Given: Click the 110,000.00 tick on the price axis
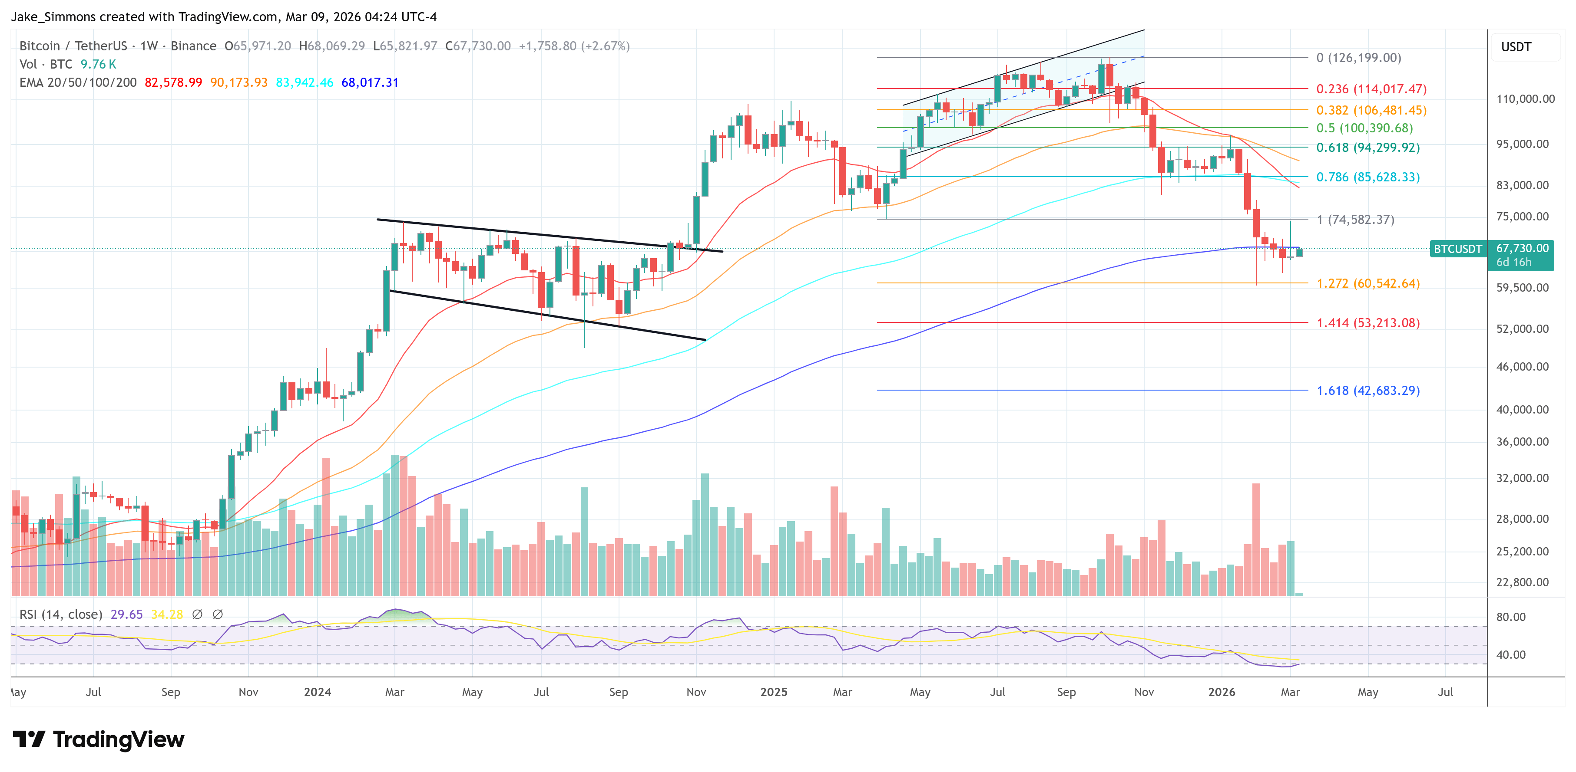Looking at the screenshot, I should [x=1525, y=99].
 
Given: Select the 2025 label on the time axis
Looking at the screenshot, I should [x=773, y=692].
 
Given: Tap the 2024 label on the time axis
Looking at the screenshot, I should [x=317, y=692].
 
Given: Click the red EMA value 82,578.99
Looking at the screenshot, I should [x=173, y=82].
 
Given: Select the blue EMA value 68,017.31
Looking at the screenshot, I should [x=370, y=82].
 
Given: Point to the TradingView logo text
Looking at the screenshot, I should [x=118, y=739].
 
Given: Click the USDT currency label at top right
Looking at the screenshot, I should [x=1516, y=47].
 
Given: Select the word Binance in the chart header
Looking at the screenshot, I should [x=193, y=46].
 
